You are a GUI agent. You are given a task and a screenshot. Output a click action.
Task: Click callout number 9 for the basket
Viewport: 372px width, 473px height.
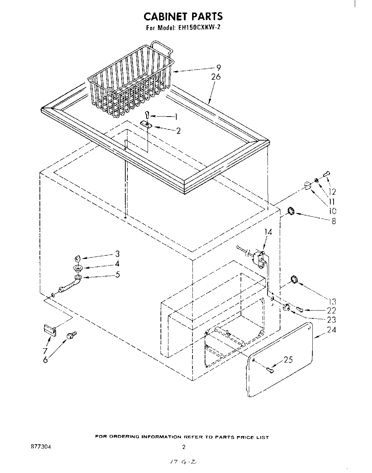pos(218,67)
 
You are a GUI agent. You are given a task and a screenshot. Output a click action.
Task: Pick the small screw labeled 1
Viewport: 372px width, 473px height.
pos(147,114)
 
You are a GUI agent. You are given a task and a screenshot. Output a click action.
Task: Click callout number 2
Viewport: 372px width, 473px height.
pos(178,131)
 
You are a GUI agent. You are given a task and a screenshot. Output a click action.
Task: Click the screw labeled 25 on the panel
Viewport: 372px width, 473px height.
pos(270,369)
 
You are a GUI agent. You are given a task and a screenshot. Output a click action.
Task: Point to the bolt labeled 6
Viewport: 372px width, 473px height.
pos(71,335)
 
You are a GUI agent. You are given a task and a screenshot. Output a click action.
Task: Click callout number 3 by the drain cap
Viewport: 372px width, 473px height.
pos(117,254)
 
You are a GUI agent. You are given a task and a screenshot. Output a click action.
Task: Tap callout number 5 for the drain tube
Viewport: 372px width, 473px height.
pos(117,275)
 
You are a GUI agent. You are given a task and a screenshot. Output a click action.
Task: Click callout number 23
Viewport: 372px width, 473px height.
pos(331,320)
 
